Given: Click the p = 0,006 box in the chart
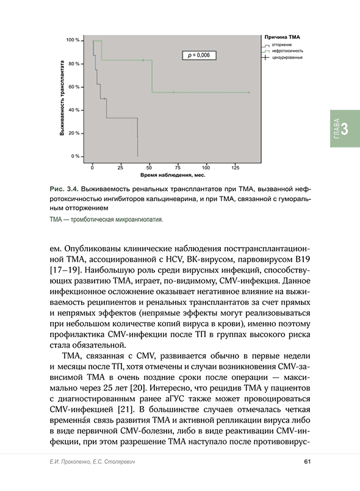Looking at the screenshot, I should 198,55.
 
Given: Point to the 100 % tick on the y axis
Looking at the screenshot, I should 73,40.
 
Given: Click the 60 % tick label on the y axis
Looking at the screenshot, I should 74,87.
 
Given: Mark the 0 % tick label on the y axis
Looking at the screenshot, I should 76,156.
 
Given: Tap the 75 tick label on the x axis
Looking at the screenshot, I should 176,167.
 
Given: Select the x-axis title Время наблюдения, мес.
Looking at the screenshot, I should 162,175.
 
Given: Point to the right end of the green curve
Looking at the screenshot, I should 249,92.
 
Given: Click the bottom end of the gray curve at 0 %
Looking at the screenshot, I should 137,156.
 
